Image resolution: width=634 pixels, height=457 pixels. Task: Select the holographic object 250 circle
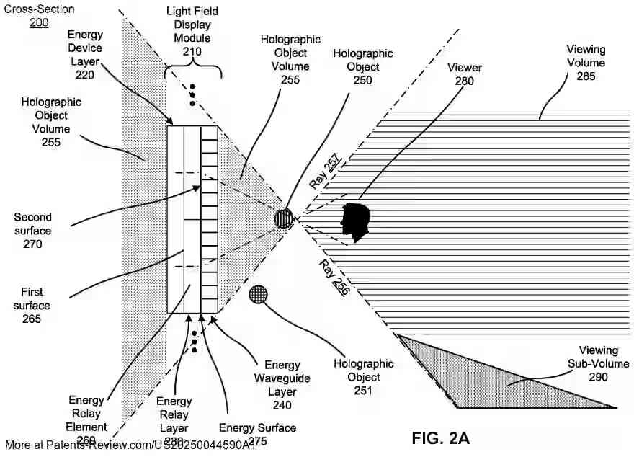(285, 218)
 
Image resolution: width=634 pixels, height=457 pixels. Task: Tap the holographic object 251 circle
(259, 294)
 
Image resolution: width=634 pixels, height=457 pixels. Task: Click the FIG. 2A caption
(440, 438)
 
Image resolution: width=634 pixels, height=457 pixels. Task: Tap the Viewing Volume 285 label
(586, 63)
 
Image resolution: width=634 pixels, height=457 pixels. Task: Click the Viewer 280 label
(465, 74)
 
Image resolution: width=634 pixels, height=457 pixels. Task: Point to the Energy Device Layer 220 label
(85, 48)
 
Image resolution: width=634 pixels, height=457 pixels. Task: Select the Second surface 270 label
(32, 231)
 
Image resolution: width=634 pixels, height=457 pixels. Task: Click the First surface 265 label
(32, 305)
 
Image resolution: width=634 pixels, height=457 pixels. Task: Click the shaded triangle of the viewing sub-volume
(490, 375)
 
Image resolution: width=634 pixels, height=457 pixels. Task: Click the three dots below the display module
(193, 341)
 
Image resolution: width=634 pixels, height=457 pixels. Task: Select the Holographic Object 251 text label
(363, 377)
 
